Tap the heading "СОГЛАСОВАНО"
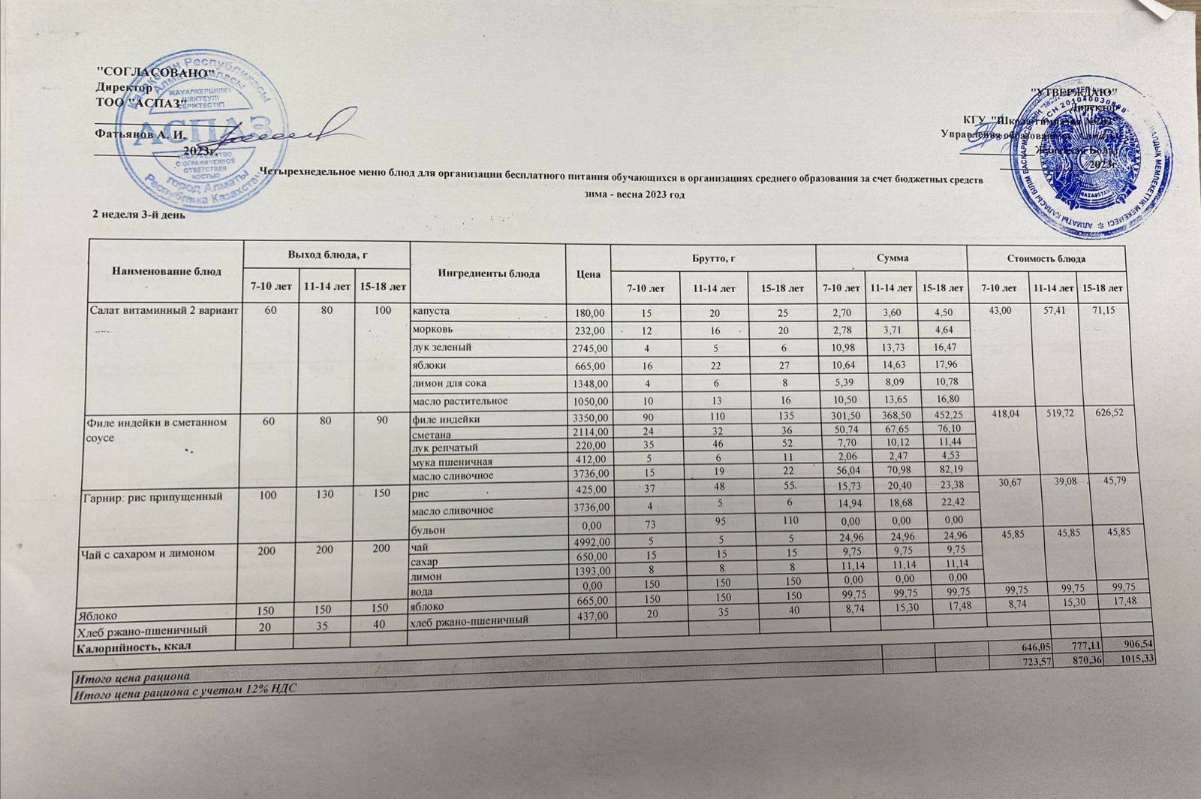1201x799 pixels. click(158, 71)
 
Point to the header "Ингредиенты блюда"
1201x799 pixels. click(489, 273)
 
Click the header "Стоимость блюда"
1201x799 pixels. click(1046, 258)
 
